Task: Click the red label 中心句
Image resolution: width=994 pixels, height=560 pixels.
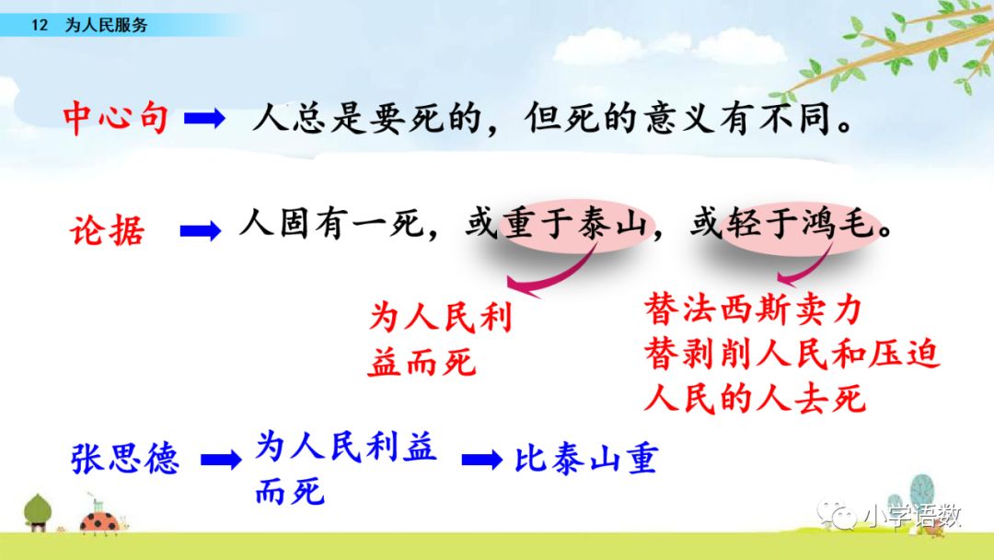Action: point(116,118)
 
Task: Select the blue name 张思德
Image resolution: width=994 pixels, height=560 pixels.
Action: point(125,459)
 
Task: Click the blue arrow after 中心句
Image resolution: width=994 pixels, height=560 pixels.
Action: point(204,119)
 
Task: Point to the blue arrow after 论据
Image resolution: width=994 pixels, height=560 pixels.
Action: point(201,231)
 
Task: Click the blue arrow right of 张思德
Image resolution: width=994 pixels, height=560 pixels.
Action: point(221,460)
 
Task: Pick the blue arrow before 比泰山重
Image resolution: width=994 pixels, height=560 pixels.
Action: point(482,460)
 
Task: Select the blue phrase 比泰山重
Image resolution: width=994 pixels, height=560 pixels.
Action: point(586,459)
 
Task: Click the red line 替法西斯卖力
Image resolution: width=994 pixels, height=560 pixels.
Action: point(753,310)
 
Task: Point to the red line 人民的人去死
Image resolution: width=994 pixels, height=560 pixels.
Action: point(755,399)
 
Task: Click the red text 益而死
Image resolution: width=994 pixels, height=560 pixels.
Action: point(422,363)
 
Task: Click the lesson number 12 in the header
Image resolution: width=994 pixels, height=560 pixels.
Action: point(40,26)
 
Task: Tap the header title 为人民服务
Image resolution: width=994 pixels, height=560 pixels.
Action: point(106,26)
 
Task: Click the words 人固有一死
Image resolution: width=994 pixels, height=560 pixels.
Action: point(331,224)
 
